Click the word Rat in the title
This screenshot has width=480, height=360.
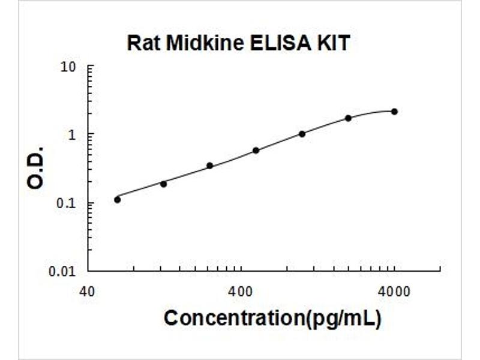(143, 43)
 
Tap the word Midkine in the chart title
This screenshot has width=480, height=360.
(205, 43)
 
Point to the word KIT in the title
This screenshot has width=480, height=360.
(334, 43)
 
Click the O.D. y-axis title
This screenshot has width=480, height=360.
(35, 168)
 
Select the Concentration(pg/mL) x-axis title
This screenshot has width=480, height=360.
(273, 319)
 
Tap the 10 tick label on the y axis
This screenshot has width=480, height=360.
(68, 67)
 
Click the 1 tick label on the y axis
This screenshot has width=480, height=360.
(72, 134)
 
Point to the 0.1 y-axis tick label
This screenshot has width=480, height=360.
(66, 203)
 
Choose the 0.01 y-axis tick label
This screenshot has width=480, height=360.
(62, 271)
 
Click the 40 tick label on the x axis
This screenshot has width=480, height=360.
(87, 292)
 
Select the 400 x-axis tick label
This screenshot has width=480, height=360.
(241, 292)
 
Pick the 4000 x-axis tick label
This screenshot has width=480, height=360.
(394, 292)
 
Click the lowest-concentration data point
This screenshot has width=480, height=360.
(117, 200)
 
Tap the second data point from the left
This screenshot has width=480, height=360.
(163, 184)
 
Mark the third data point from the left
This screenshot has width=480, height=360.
(209, 166)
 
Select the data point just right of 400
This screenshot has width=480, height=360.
(256, 151)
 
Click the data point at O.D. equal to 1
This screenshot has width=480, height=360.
(302, 134)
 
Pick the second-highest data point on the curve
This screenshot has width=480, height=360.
(349, 118)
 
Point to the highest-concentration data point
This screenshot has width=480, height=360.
(395, 112)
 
